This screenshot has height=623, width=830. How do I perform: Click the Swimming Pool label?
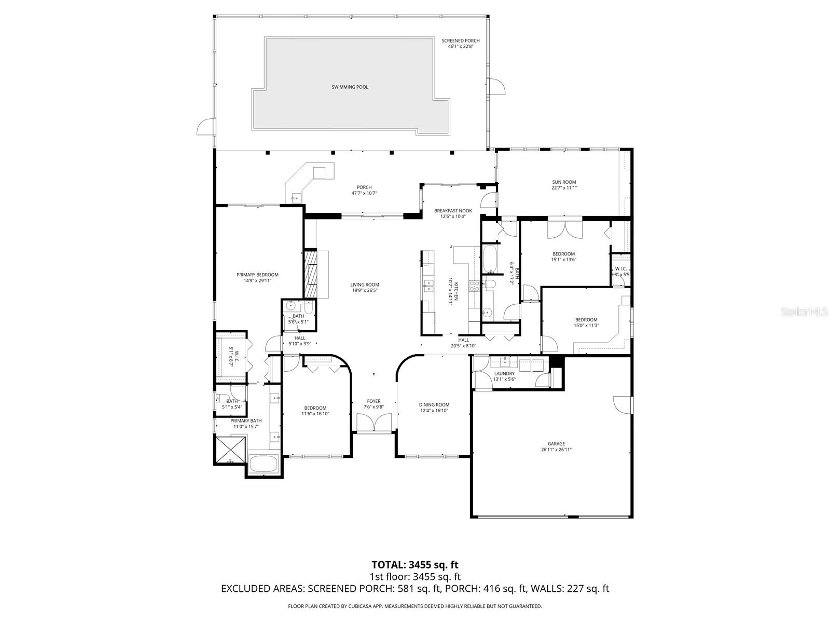[x=350, y=87]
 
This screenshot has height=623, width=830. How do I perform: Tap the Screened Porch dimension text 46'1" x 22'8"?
[x=461, y=47]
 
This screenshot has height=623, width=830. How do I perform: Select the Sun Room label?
[x=564, y=182]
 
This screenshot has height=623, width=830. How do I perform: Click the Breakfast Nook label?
[x=453, y=211]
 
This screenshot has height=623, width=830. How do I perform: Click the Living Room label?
[x=364, y=285]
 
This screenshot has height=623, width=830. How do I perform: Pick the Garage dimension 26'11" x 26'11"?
[x=556, y=451]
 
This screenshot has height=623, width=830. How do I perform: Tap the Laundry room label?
[x=504, y=374]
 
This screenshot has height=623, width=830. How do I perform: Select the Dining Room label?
[x=434, y=405]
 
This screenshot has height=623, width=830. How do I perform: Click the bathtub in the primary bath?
[x=264, y=464]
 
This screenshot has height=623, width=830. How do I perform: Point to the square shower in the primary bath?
[x=230, y=450]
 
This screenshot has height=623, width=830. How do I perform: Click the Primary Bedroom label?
[x=257, y=275]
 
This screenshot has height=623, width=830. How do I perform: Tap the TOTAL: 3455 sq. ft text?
[x=415, y=564]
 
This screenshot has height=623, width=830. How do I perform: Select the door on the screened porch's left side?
[x=205, y=127]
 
